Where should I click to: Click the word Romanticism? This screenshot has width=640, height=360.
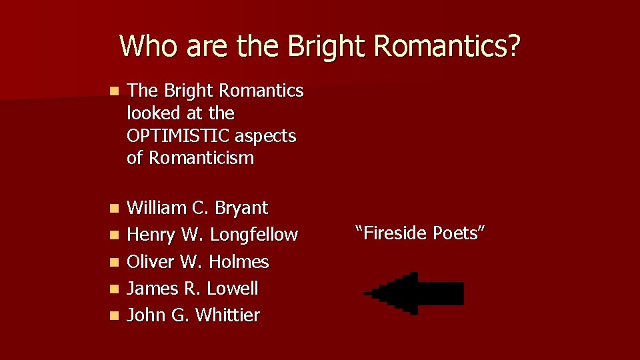(x=201, y=158)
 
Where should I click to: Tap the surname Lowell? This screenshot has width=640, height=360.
(x=233, y=289)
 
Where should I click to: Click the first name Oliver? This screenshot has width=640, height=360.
(x=151, y=261)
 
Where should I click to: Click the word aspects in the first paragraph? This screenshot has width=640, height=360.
(x=269, y=135)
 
